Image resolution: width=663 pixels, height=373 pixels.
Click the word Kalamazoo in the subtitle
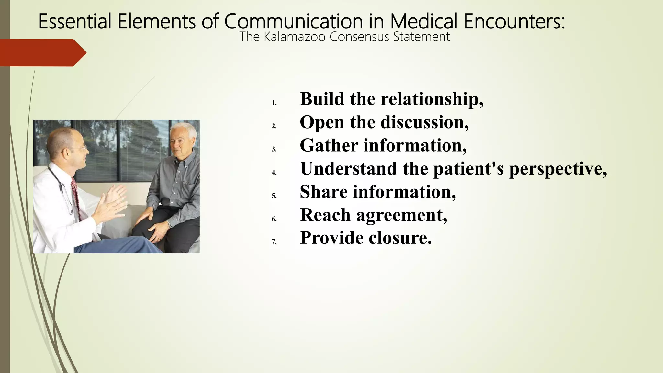(294, 37)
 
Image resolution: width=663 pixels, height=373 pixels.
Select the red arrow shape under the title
(42, 53)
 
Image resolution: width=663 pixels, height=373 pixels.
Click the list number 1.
(274, 103)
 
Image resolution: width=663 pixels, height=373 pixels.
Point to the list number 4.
(274, 173)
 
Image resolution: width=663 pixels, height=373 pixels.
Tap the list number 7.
(274, 242)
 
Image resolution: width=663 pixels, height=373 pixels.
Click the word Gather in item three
(329, 145)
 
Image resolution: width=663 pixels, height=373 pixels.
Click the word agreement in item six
(401, 215)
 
